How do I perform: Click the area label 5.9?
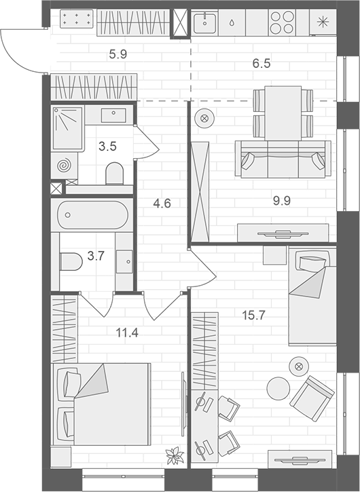pos(118,54)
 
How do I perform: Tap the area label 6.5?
pos(262,64)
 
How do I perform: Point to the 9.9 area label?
pos(281,201)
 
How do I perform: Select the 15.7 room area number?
pos(253,315)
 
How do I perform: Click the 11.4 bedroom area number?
pos(127,333)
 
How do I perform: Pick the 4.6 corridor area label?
pos(162,204)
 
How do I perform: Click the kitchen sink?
pos(204,23)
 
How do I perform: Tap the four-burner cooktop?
pos(282,22)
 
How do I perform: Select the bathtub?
pos(92,215)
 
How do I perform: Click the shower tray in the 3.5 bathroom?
pos(67,128)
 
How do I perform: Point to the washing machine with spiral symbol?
pos(65,165)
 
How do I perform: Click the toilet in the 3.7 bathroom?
pos(71,261)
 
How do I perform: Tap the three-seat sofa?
pos(283,159)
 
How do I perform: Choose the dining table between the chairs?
pos(283,113)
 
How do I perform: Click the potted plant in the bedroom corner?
pos(175,455)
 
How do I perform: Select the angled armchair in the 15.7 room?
pos(312,398)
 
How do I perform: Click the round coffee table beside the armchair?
pos(278,389)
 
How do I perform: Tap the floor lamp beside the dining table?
pos(204,118)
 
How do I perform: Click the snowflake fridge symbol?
pos(321,22)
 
